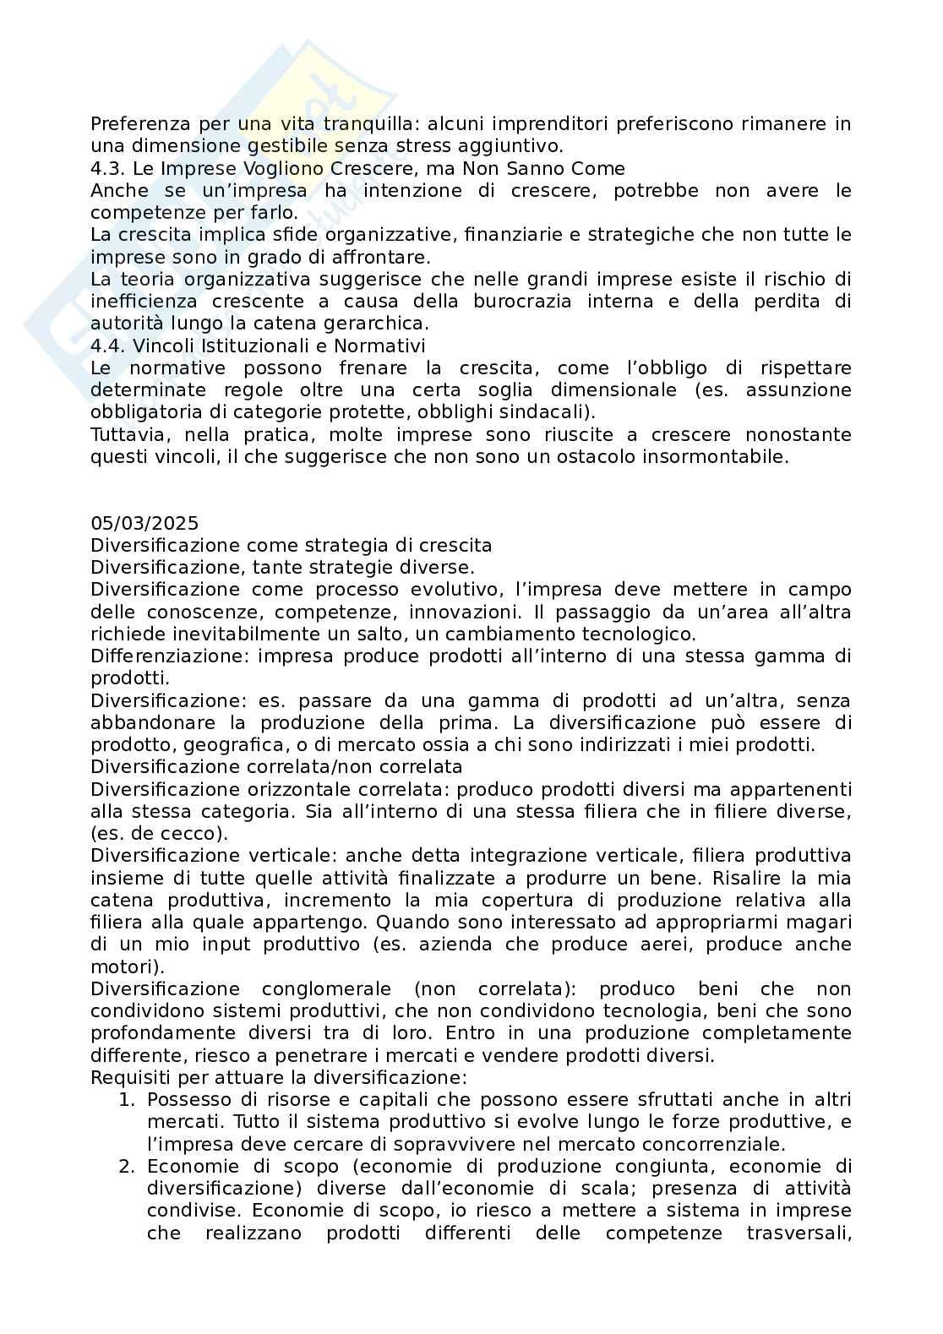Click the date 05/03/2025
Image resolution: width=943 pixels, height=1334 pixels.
click(144, 524)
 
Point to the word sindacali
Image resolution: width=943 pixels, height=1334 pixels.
click(548, 412)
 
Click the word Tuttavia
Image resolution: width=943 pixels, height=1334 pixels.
click(128, 434)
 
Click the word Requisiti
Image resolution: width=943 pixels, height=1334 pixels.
click(129, 1077)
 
